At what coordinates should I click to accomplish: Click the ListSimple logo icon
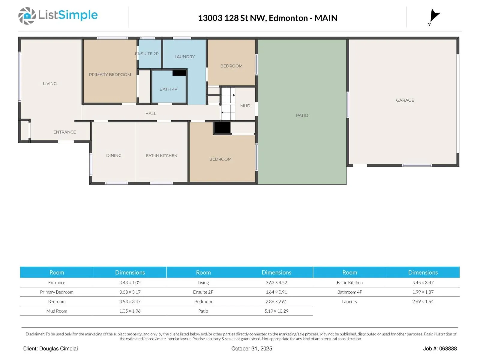coord(27,16)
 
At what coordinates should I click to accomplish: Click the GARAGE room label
coord(405,100)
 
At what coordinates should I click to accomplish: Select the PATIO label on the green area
coord(302,115)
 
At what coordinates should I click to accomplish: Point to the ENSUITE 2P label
coord(147,54)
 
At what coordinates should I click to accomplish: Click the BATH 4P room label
coord(168,89)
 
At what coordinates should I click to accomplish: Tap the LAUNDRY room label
coord(184,57)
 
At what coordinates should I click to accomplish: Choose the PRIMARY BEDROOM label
coord(110,75)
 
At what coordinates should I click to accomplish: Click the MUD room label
coord(245,106)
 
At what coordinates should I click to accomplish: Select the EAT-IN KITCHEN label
coord(161,155)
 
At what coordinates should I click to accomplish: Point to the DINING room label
coord(114,155)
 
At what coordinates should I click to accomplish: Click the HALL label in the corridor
coord(151,113)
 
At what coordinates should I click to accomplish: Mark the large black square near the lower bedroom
coord(222,128)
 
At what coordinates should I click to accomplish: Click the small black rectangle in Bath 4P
coord(179,73)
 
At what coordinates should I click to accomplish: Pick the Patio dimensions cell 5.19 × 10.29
coord(276,311)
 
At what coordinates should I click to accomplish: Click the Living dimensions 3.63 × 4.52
coord(276,283)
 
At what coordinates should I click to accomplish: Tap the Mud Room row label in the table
coord(57,311)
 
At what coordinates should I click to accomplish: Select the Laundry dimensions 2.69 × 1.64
coord(423,301)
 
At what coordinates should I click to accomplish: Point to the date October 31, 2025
coord(252,349)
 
